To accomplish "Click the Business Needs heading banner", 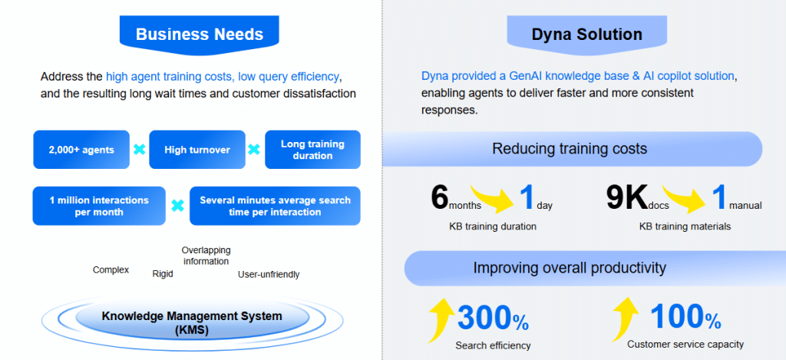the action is tap(199, 35).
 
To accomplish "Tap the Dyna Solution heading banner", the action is tap(586, 35).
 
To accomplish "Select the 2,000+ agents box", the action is tap(81, 150).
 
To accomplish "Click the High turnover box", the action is tap(197, 150).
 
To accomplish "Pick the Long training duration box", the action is tap(312, 150).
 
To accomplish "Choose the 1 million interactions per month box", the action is tap(99, 206).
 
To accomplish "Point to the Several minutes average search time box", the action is tap(275, 206).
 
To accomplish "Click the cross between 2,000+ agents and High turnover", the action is tap(140, 150).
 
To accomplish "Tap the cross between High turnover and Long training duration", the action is tap(255, 150).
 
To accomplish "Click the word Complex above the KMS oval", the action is tap(111, 269).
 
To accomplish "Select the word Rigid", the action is tap(163, 274).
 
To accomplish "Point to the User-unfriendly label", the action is tap(269, 274).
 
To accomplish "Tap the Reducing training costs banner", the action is tap(572, 149).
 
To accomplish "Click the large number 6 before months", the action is tap(439, 197).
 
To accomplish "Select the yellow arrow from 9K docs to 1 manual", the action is tap(685, 196).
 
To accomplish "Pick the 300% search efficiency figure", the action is tap(492, 318).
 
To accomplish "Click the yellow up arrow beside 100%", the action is tap(626, 319).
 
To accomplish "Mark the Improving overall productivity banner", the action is tap(570, 268).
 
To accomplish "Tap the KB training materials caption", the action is tap(685, 226).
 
